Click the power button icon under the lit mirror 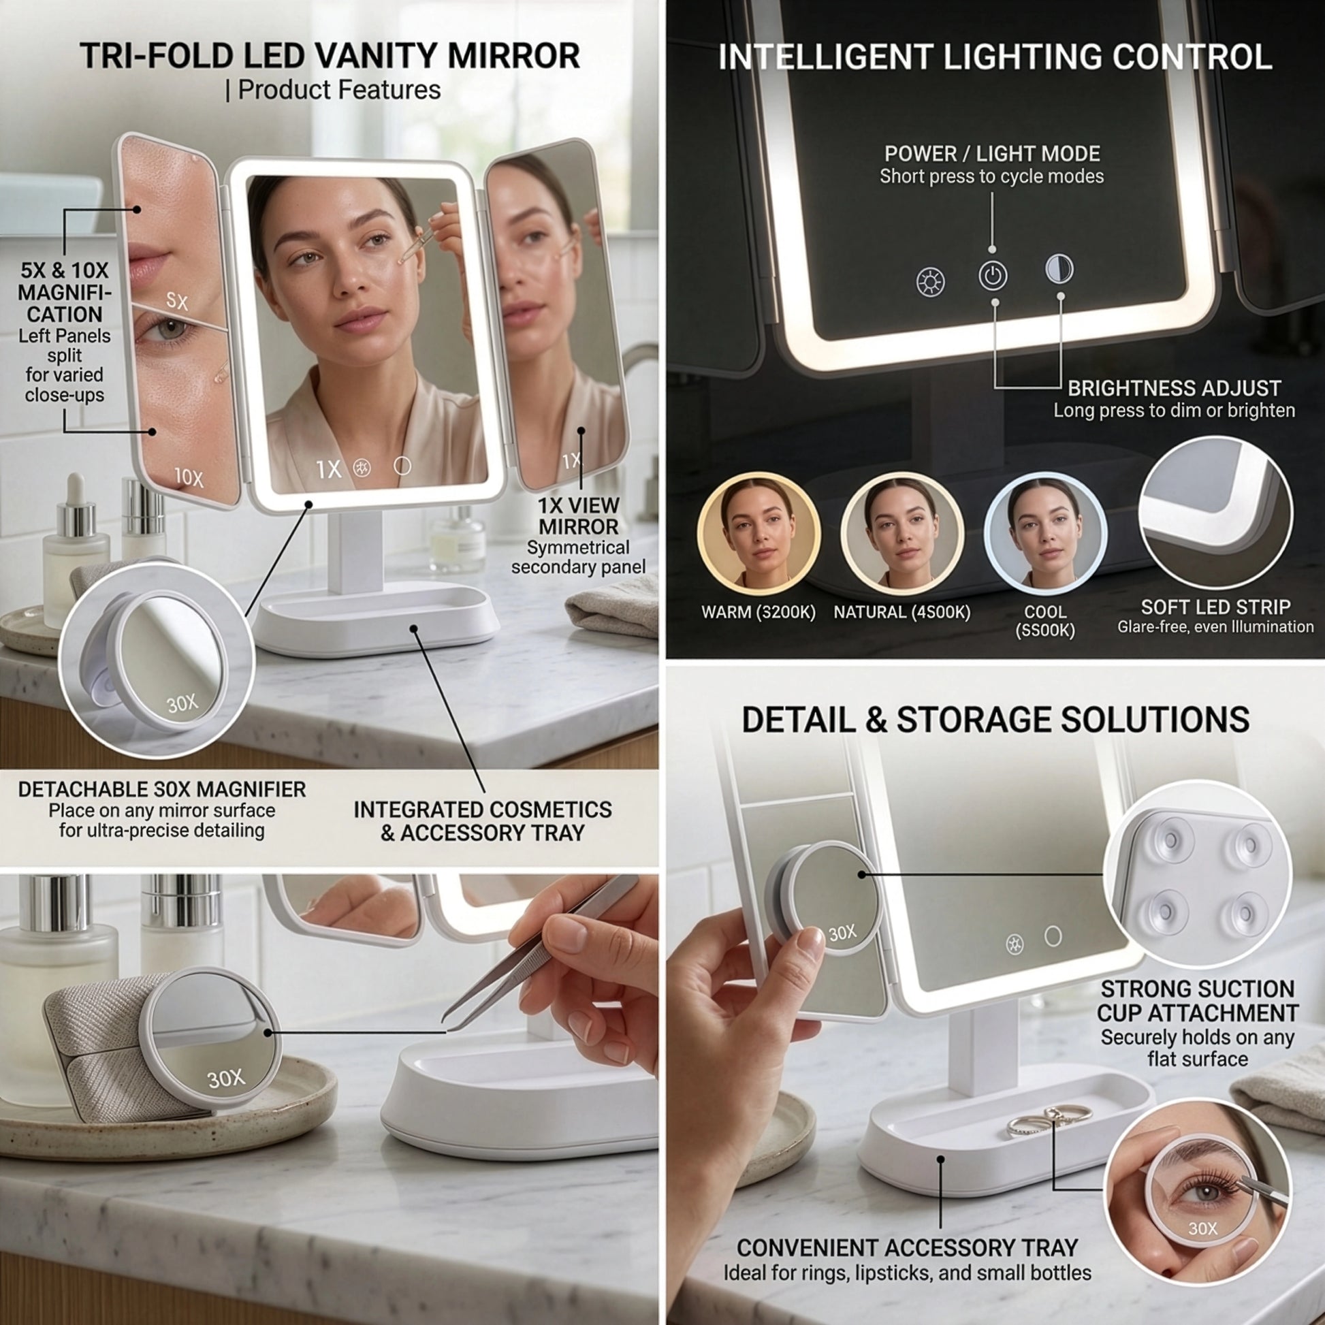coord(993,276)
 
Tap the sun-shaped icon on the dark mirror coord(931,282)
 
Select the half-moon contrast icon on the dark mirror coord(1059,269)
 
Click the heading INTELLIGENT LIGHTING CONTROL coord(995,57)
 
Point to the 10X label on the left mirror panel coord(189,477)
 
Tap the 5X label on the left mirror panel coord(177,301)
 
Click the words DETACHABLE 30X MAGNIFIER coord(162,789)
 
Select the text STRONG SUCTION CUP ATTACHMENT coord(1198,1001)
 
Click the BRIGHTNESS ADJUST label coord(1174,388)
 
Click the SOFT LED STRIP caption coord(1216,607)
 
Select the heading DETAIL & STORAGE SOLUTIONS coord(996,720)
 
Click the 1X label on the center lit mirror coord(328,469)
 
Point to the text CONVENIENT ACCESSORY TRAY coord(908,1247)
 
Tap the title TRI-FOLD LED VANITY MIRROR coord(330,56)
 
